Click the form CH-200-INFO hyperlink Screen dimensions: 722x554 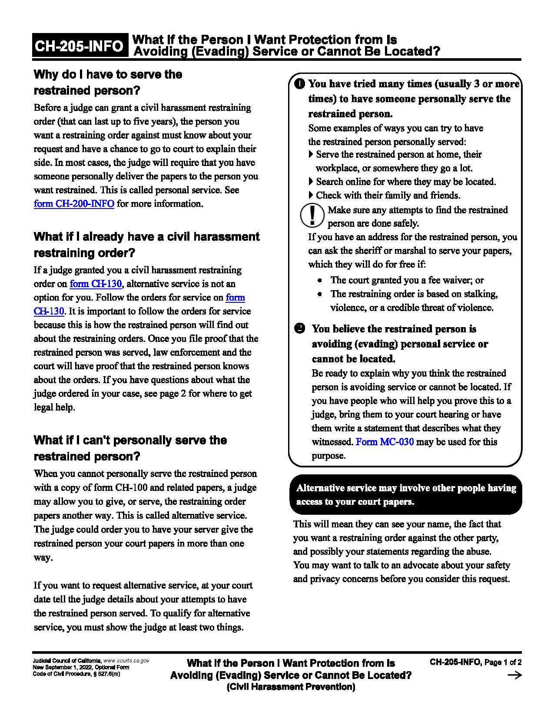click(x=74, y=204)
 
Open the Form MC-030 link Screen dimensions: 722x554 click(x=385, y=442)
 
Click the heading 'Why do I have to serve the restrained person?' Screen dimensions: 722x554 click(x=108, y=83)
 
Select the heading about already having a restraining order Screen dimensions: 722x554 click(x=146, y=245)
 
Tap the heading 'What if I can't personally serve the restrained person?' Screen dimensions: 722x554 click(x=130, y=448)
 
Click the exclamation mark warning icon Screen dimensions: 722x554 click(x=312, y=215)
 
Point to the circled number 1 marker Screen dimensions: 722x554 click(x=300, y=83)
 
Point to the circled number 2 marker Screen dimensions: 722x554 click(x=300, y=328)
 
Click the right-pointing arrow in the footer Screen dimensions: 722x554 click(x=514, y=675)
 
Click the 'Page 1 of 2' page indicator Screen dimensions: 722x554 click(x=503, y=662)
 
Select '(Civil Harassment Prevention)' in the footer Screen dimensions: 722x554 click(x=291, y=687)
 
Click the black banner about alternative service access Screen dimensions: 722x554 click(x=405, y=494)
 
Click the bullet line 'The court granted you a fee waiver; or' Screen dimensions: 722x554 click(x=407, y=280)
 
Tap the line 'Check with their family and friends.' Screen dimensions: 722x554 click(x=388, y=195)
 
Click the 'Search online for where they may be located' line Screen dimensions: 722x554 click(x=405, y=182)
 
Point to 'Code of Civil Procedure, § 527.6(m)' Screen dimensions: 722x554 click(x=76, y=674)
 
